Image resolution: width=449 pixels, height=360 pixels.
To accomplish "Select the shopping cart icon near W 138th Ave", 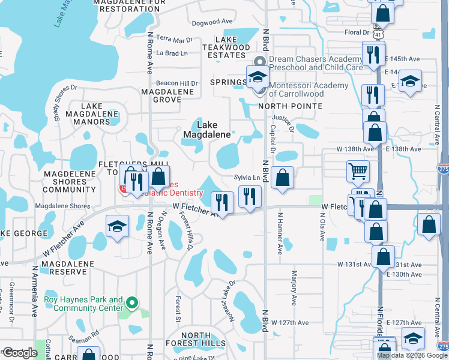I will tap(358, 171).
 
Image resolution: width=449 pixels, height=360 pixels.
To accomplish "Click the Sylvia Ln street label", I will tap(247, 178).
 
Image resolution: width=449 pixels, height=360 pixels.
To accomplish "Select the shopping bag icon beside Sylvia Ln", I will tap(282, 178).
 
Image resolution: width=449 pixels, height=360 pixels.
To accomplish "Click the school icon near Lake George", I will tap(117, 226).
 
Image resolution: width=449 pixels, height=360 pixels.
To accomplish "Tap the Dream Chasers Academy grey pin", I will tap(260, 62).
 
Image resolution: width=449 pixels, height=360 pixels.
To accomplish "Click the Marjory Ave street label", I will tap(294, 289).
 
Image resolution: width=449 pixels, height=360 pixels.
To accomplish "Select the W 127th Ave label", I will tap(289, 322).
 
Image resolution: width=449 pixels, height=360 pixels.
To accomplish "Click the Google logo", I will tap(20, 352).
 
